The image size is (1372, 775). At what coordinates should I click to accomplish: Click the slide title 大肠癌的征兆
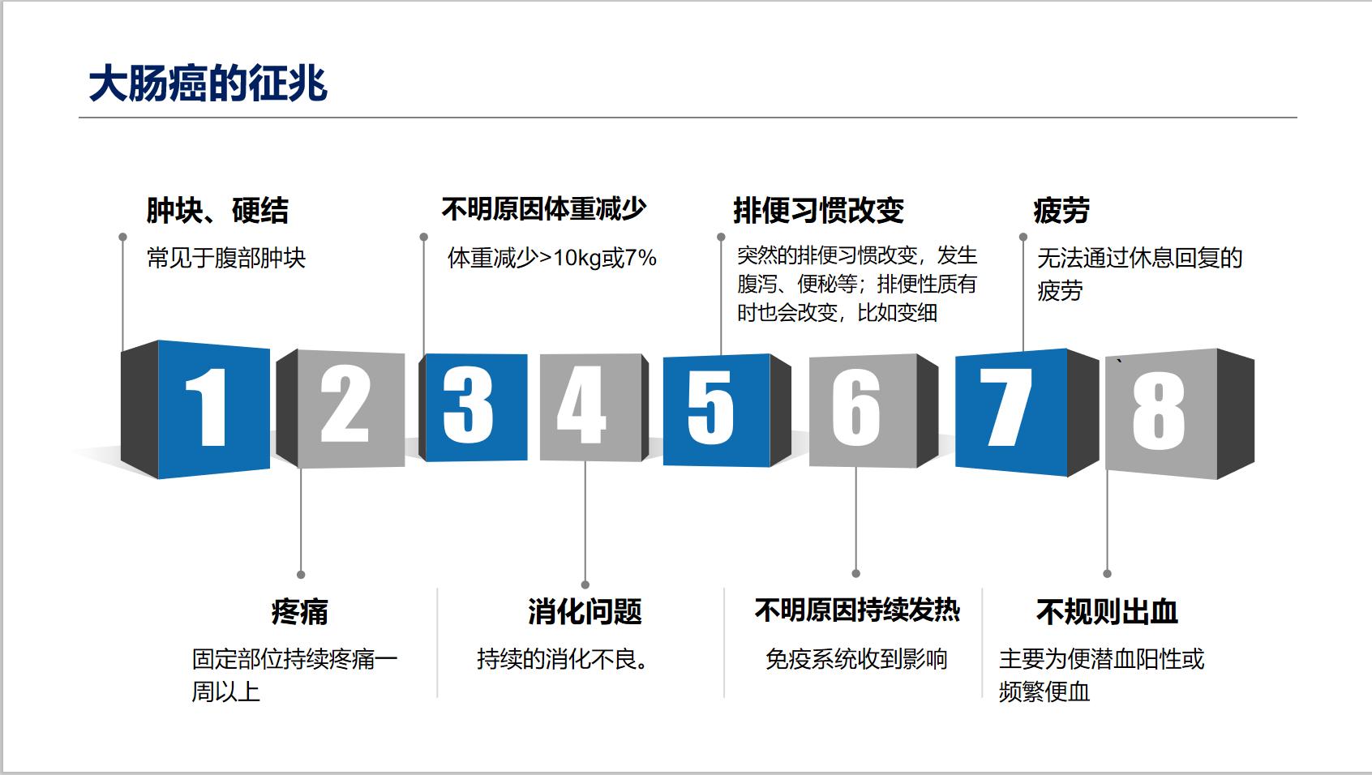(x=208, y=83)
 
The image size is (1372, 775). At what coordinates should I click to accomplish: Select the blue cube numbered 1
(x=212, y=408)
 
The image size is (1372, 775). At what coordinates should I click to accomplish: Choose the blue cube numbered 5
(x=715, y=409)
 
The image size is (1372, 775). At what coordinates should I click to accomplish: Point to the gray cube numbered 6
(x=861, y=409)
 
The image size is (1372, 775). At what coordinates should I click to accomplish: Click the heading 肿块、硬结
(x=217, y=211)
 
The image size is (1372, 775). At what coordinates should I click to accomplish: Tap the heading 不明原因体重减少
(x=543, y=209)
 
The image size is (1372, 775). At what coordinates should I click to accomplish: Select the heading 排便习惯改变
(x=818, y=211)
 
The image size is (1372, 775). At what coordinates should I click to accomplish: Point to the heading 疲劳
(x=1061, y=211)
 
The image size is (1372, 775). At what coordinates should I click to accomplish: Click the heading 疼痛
(x=299, y=611)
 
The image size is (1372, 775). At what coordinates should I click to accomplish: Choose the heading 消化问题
(x=585, y=611)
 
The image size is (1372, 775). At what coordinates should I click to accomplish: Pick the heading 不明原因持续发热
(x=857, y=610)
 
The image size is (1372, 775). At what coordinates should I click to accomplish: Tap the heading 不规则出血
(x=1107, y=611)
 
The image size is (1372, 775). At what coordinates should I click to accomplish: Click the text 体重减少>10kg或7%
(x=551, y=259)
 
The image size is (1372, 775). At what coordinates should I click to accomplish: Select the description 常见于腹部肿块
(x=226, y=259)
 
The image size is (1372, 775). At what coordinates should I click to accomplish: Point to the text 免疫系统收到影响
(x=856, y=659)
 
